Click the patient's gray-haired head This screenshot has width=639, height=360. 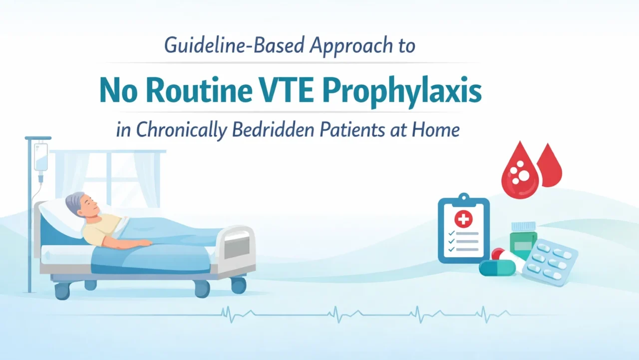80,204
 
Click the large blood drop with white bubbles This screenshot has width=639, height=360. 520,172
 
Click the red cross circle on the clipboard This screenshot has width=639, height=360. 463,218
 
